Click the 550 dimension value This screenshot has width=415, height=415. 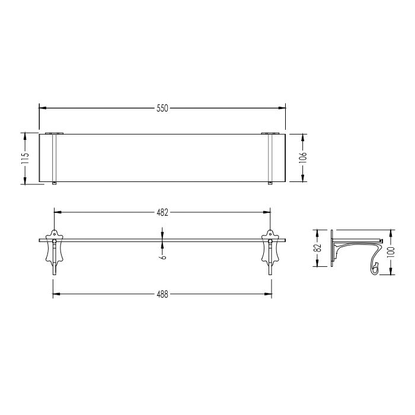162,108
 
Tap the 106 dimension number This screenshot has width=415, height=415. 302,158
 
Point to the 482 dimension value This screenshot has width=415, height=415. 162,211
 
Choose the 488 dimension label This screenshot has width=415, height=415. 162,294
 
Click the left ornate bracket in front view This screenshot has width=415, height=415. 55,250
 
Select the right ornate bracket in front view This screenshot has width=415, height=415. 270,250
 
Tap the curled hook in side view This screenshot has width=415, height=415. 375,268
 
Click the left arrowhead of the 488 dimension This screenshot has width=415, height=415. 57,294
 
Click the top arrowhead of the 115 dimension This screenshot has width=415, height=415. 25,136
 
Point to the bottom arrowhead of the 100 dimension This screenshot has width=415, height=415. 391,273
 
